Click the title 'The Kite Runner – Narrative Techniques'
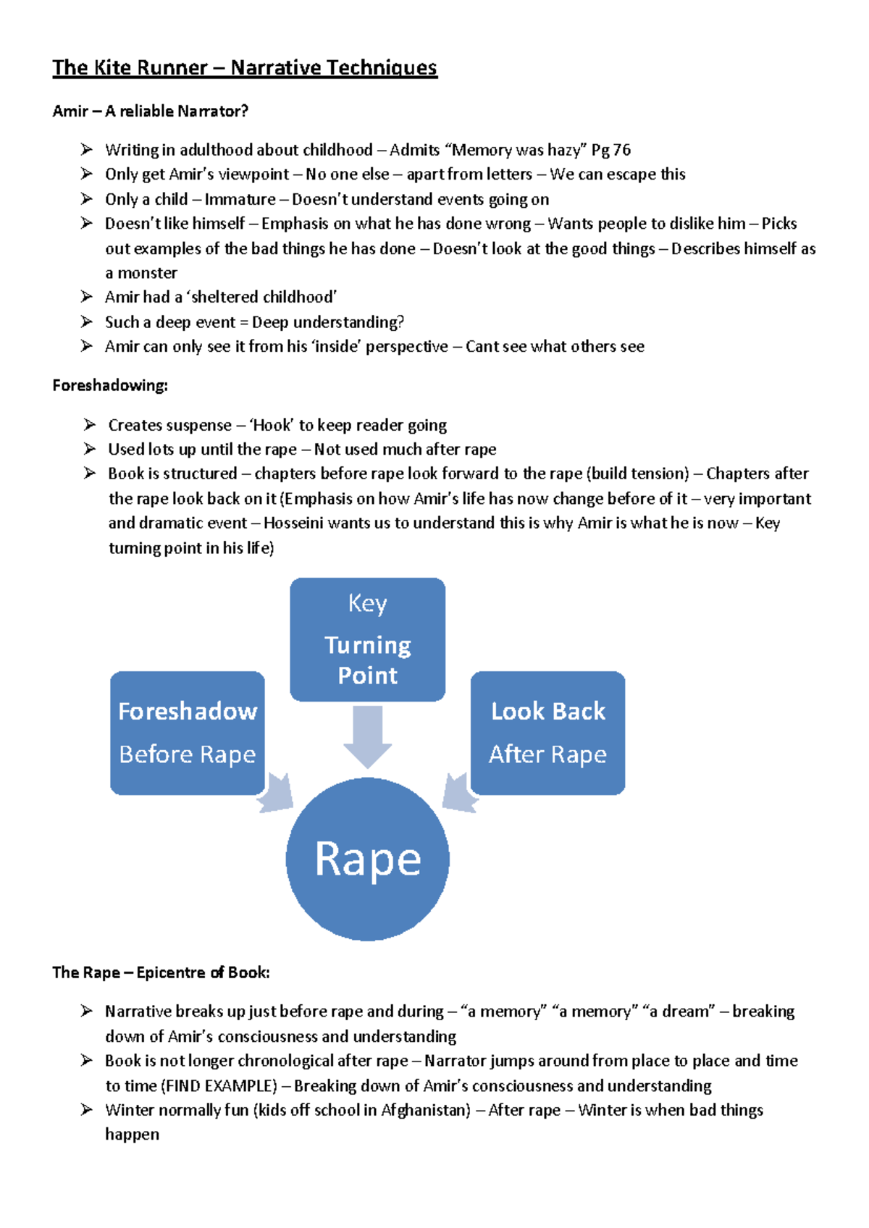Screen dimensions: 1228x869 245,68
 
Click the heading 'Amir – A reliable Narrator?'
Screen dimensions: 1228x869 150,112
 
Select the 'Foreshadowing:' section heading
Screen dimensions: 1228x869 110,386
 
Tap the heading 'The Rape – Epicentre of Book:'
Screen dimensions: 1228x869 161,972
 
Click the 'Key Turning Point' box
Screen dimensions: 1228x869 367,639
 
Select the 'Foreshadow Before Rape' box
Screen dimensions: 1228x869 187,733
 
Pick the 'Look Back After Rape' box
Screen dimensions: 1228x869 547,733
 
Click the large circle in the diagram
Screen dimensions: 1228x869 367,859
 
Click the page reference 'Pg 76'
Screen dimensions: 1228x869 611,150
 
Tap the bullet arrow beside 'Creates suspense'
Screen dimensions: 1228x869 90,425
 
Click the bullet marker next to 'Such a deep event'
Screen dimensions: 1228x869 87,321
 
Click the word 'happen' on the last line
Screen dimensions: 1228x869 132,1135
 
